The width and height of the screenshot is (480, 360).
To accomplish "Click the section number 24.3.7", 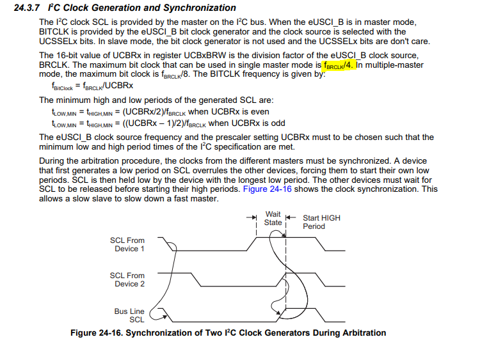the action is click(27, 8).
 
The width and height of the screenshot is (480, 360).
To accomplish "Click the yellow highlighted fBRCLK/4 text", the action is click(339, 65).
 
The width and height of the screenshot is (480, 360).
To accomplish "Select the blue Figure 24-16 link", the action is click(268, 189).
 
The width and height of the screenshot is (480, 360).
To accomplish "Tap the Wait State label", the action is click(273, 219).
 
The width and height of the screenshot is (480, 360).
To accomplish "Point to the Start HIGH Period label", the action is click(321, 222).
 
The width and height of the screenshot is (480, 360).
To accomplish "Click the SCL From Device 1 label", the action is click(127, 244).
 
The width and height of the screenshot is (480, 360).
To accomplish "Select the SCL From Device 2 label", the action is click(127, 279).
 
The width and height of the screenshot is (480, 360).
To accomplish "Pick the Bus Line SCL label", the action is click(129, 315).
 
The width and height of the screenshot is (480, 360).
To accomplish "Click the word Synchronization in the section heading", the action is click(200, 8).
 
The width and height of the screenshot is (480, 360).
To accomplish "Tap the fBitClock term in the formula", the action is click(62, 86).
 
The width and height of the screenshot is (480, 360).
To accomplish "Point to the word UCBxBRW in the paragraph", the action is click(205, 56).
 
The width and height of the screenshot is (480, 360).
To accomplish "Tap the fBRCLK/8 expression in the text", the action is click(176, 74).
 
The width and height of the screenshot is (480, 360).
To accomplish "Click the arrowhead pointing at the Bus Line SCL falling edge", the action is click(165, 317).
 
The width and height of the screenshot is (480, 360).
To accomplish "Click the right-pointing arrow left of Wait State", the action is click(252, 217).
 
